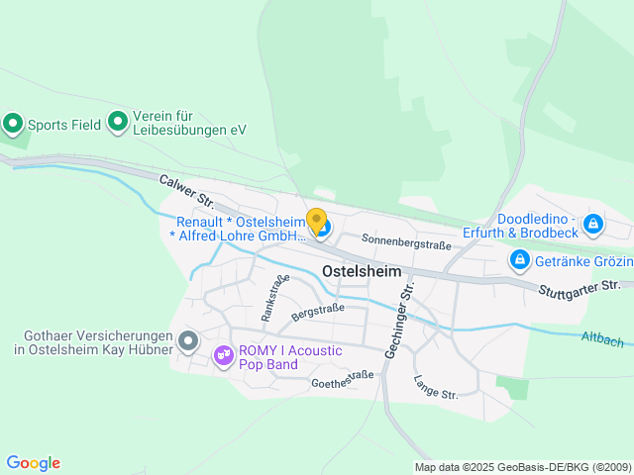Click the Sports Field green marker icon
[13, 124]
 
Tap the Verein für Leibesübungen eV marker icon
[118, 122]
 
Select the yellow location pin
[316, 221]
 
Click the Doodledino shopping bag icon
[592, 224]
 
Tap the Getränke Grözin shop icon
[518, 260]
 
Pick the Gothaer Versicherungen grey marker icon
[189, 340]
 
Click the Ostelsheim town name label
[363, 271]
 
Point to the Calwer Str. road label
[187, 191]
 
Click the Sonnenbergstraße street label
[405, 240]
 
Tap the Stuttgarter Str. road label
[579, 287]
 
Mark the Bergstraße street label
[317, 313]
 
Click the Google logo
[33, 463]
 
